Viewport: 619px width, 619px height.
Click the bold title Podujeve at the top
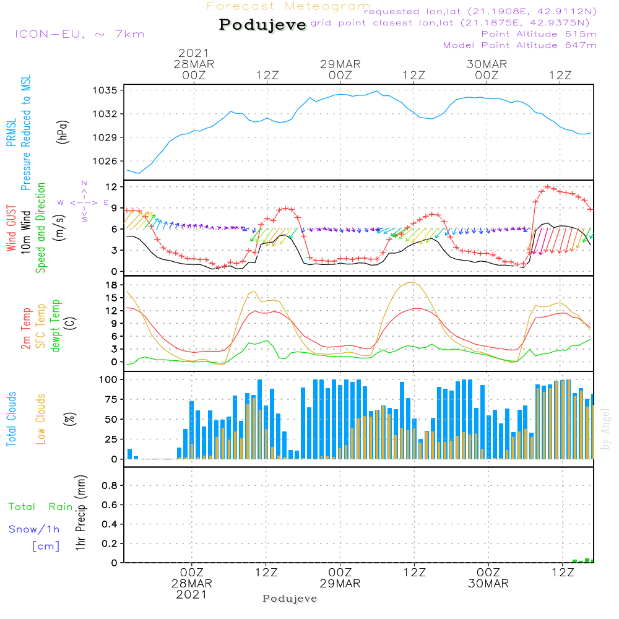[262, 25]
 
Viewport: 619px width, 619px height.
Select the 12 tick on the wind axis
[111, 187]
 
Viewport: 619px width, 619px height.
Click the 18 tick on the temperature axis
[111, 285]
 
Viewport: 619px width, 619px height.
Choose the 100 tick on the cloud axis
[109, 379]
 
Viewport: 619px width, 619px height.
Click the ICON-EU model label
[79, 34]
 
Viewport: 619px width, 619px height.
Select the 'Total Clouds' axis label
[11, 418]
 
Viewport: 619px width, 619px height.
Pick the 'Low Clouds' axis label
[41, 418]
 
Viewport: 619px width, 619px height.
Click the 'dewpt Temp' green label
[56, 326]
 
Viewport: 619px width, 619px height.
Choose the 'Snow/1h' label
[35, 530]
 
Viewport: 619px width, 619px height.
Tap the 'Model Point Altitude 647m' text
[520, 45]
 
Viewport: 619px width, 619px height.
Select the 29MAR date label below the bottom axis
[340, 584]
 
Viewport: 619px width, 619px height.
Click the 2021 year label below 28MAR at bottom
[192, 595]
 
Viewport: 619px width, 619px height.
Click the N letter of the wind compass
[84, 184]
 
